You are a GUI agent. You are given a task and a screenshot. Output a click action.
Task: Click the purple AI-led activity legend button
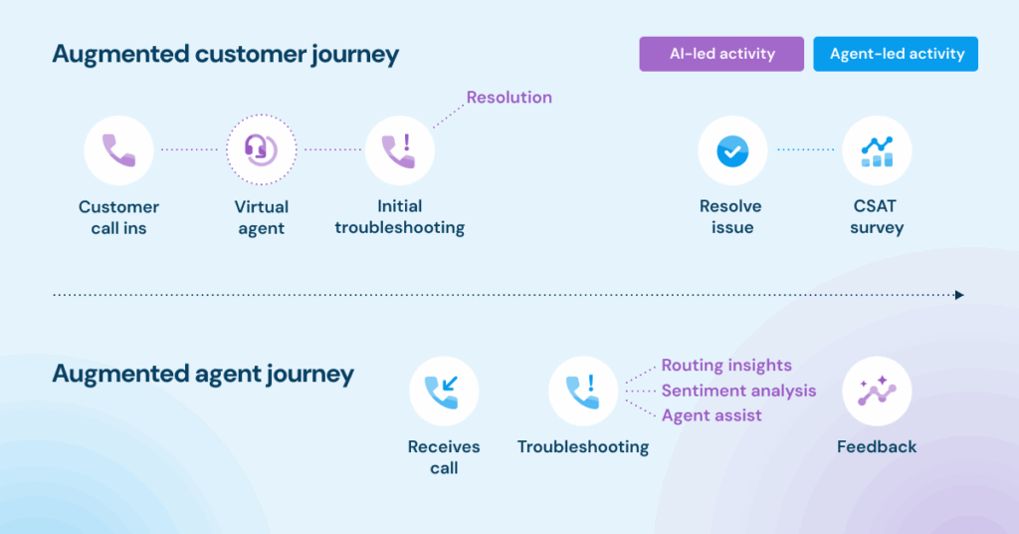pos(721,54)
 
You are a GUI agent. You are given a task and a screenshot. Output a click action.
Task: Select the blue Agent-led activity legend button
pos(896,54)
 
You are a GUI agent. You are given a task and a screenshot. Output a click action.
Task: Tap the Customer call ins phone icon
pos(119,150)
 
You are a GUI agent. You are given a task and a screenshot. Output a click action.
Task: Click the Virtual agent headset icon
pos(262,150)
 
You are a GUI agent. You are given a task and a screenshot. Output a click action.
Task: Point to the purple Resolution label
pos(509,98)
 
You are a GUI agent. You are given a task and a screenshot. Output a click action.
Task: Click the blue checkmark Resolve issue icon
pos(732,150)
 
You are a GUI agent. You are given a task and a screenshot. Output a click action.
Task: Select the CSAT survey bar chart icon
pos(877,150)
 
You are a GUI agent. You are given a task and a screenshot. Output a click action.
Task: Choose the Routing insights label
pos(726,366)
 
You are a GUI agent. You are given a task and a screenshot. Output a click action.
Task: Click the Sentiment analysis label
pos(739,391)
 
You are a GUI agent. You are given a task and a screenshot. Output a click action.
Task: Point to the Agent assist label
pos(712,415)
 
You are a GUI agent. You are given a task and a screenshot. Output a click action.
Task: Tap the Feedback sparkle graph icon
pos(877,391)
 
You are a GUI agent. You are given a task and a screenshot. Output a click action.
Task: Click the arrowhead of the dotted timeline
pos(960,295)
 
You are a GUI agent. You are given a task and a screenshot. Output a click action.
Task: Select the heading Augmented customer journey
pos(226,54)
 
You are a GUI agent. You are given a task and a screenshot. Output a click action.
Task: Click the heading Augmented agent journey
pos(203,374)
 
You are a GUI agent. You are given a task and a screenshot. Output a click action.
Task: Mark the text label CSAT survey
pos(877,216)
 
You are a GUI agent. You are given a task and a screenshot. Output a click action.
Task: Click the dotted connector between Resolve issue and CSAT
pos(805,149)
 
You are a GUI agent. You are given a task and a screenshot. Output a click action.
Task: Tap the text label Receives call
pos(444,457)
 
